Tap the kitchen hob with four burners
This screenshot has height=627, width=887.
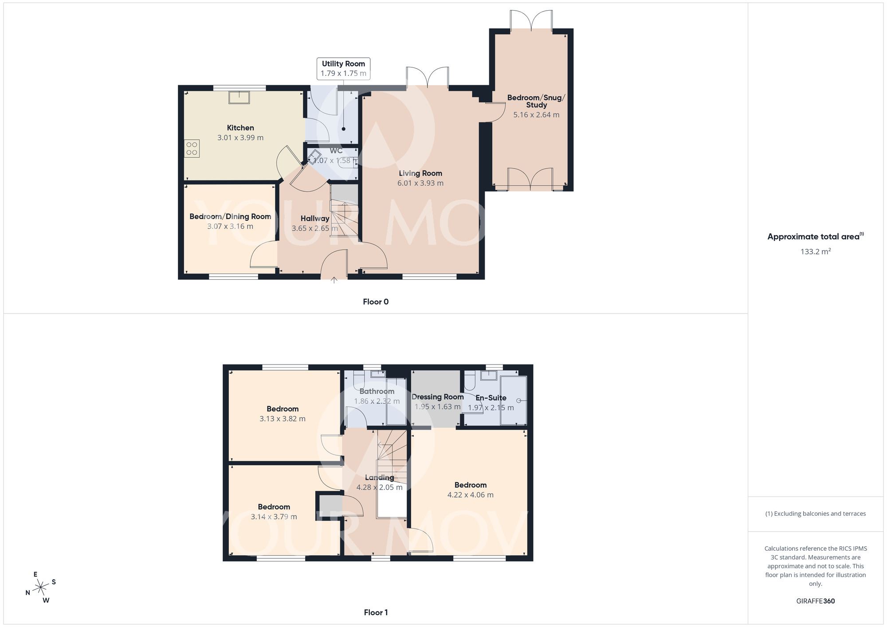click(x=192, y=149)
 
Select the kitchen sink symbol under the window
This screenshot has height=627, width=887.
click(x=239, y=97)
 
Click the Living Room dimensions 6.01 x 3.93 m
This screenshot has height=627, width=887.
click(x=420, y=183)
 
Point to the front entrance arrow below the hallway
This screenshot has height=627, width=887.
click(x=334, y=280)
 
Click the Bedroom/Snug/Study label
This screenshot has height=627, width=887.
click(x=536, y=101)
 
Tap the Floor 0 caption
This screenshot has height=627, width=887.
click(x=376, y=302)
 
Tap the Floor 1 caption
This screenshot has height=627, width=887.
click(x=376, y=612)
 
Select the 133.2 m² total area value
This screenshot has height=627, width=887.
click(x=815, y=251)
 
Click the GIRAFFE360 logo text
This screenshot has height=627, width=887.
click(x=815, y=601)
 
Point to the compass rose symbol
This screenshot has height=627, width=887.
click(x=41, y=588)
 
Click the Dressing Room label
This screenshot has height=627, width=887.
click(x=437, y=397)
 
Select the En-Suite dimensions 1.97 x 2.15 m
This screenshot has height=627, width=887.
click(x=491, y=408)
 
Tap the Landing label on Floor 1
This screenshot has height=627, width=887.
click(x=379, y=478)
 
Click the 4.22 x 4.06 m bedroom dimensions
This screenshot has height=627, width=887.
click(x=470, y=495)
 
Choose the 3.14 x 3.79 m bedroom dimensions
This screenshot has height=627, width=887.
click(x=274, y=517)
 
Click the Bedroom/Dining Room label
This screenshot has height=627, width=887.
click(x=230, y=216)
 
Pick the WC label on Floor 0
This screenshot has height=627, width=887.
click(x=336, y=151)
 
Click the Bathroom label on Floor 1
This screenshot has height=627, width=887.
click(x=377, y=391)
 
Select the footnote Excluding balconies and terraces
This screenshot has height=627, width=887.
click(x=815, y=513)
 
